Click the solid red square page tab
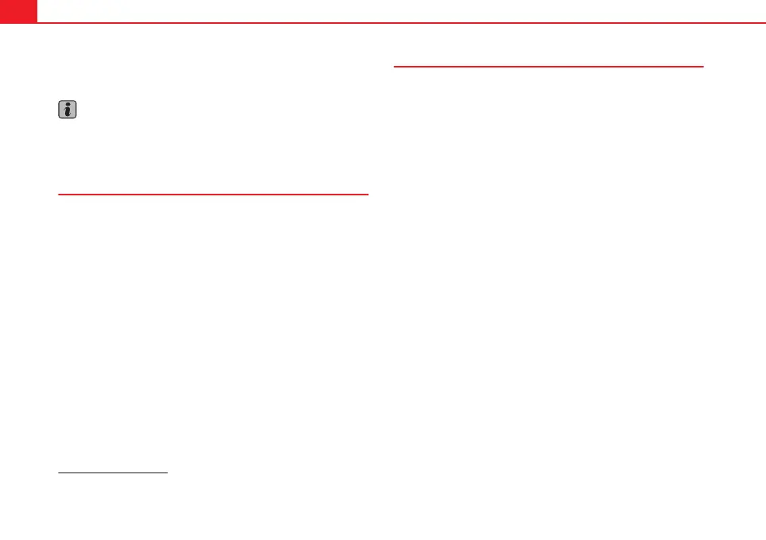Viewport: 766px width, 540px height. coord(17,10)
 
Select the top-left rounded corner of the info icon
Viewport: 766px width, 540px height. coord(60,102)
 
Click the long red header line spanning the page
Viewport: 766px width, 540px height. coord(397,22)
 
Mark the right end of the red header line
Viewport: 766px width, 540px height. coord(764,22)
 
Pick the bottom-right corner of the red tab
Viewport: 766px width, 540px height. coord(36,21)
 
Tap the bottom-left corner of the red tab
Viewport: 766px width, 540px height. coord(1,21)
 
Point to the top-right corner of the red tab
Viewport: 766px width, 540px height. coord(36,1)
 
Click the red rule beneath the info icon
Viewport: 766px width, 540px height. coord(213,193)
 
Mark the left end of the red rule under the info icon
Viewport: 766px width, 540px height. coord(59,193)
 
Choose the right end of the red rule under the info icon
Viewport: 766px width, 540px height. coord(369,193)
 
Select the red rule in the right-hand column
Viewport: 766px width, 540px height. coord(549,67)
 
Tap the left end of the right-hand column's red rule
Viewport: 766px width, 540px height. coord(395,67)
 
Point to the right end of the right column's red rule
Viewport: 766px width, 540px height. coord(704,67)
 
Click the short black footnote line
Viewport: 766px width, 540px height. coord(114,474)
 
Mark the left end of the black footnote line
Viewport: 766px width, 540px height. coord(59,474)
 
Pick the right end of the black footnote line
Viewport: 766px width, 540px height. coord(168,474)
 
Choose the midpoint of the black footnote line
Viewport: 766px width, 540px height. coord(114,474)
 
